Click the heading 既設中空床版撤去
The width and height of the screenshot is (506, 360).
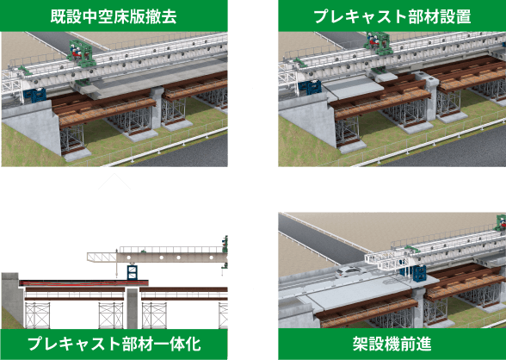[x=114, y=16]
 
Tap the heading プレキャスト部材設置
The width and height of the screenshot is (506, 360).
[x=392, y=16]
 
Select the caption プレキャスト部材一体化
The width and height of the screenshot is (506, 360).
[x=114, y=344]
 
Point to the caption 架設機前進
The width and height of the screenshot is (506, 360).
[x=392, y=344]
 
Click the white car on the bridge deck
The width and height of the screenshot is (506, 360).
[x=350, y=272]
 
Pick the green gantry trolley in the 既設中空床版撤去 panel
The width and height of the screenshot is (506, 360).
[x=81, y=53]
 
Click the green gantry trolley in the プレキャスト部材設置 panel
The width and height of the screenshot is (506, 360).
[x=379, y=44]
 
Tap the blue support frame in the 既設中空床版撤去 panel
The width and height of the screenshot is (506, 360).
[x=34, y=96]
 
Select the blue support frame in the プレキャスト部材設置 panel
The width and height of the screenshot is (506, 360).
[x=310, y=87]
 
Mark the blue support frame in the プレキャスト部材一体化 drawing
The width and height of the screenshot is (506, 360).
[x=133, y=273]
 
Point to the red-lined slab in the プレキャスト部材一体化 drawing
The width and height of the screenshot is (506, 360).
[x=84, y=283]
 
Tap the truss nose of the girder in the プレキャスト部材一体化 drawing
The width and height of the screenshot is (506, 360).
[x=102, y=258]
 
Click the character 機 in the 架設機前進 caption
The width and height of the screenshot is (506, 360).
[x=392, y=344]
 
